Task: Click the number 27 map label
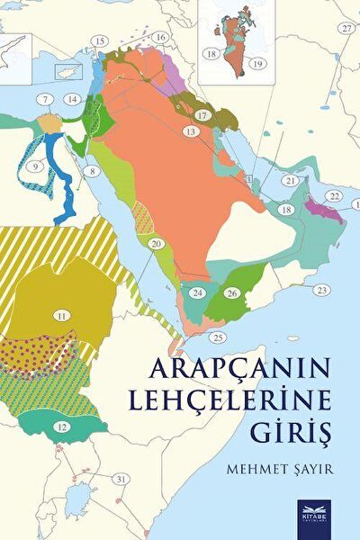(x=346, y=29)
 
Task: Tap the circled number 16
(x=160, y=37)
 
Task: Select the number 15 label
(x=99, y=41)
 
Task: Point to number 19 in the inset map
(x=256, y=64)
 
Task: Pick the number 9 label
(x=36, y=166)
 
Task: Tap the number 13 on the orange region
(x=190, y=131)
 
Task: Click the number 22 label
(x=334, y=196)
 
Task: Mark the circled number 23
(x=321, y=290)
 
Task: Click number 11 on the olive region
(x=61, y=316)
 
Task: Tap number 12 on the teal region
(x=61, y=426)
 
